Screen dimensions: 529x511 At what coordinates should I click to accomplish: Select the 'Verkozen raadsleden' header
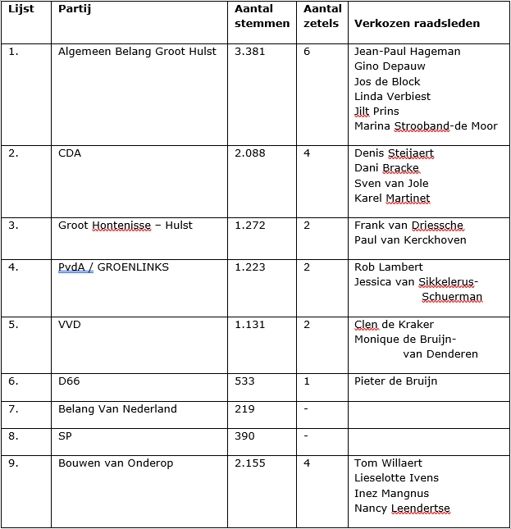[x=417, y=23]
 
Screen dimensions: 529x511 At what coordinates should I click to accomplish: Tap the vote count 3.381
[x=249, y=51]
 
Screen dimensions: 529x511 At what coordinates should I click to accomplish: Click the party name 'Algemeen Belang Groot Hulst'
[x=137, y=51]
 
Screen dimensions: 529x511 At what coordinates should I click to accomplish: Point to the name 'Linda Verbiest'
[x=392, y=96]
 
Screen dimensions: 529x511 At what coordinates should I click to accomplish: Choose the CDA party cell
[x=70, y=153]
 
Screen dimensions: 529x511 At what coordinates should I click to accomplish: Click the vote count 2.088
[x=249, y=153]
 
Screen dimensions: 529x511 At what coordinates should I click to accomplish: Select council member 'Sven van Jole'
[x=391, y=183]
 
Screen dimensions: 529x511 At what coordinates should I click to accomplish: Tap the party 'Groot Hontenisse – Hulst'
[x=125, y=225]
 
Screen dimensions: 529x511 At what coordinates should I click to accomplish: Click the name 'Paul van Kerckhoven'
[x=410, y=239]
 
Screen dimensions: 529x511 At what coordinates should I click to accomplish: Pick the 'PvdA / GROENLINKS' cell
[x=109, y=267]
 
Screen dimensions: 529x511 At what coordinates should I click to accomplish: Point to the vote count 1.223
[x=249, y=267]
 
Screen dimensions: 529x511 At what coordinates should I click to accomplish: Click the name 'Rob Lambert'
[x=388, y=267]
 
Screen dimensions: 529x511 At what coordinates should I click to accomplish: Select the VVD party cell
[x=70, y=324]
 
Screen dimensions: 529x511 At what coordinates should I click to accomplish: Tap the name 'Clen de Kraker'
[x=394, y=324]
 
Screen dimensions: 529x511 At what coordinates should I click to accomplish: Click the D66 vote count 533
[x=244, y=381]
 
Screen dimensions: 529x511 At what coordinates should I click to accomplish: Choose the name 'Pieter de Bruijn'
[x=395, y=381]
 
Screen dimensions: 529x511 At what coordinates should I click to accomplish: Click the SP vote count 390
[x=244, y=436]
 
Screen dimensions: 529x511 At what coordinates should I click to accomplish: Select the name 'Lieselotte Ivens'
[x=396, y=477]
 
